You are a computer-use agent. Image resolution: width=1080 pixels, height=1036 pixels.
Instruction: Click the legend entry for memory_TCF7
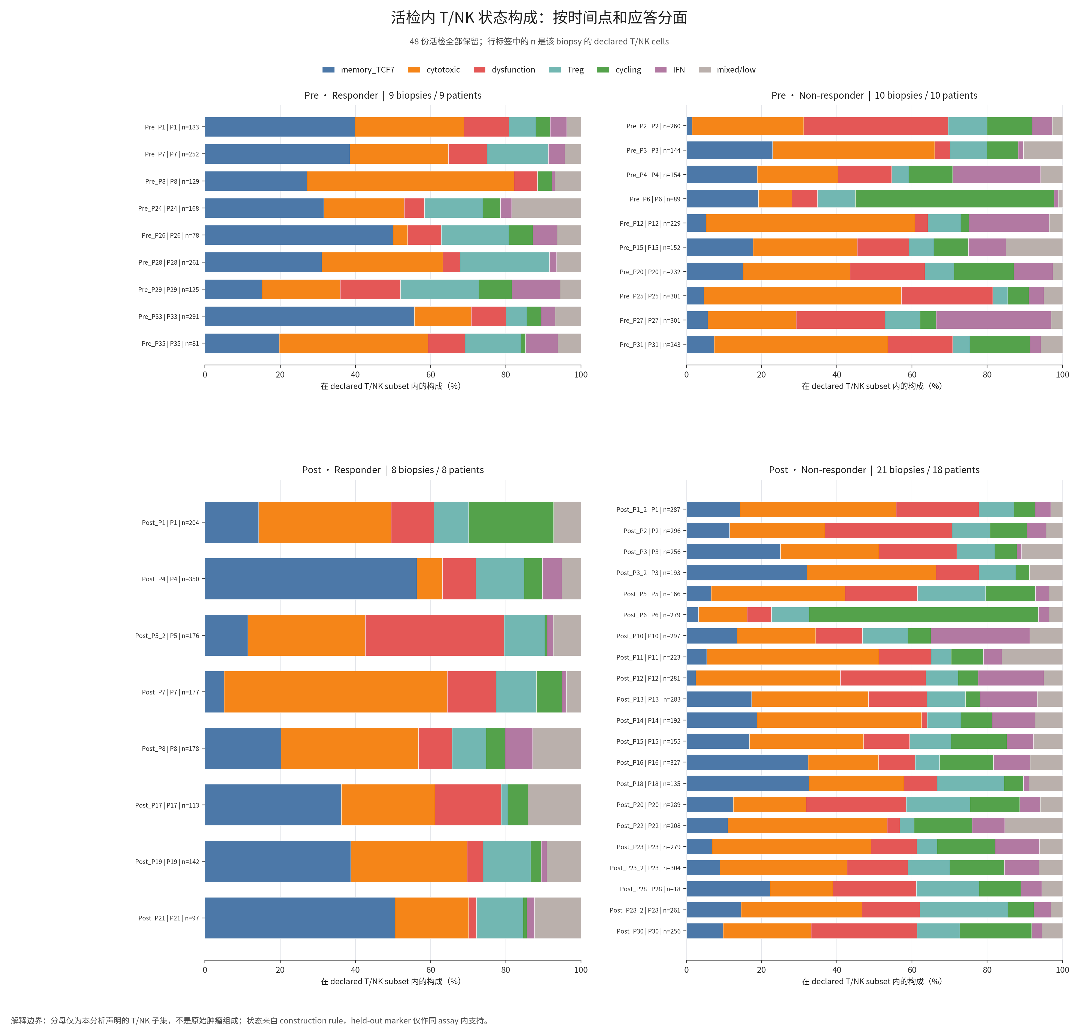coord(358,70)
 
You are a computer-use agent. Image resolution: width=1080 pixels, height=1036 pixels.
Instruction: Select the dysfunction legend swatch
coord(479,70)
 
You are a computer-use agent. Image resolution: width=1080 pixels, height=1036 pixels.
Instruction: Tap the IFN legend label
coord(679,70)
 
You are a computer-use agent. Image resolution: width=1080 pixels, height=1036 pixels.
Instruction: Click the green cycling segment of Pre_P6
coord(954,198)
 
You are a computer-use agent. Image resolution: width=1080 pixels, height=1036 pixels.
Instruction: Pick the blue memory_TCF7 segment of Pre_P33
coord(309,316)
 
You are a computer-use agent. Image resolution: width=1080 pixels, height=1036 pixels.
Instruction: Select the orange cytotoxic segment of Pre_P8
coord(410,181)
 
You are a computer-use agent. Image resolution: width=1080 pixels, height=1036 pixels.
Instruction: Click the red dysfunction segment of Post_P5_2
coord(435,635)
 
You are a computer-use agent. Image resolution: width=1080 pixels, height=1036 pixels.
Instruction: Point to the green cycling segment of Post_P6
coord(923,615)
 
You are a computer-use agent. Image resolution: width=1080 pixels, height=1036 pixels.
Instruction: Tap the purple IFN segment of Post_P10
coord(980,636)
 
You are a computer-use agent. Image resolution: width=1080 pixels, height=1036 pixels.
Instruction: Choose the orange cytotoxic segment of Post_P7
coord(336,692)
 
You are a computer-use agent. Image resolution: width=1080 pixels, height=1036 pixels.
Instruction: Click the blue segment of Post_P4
coord(311,579)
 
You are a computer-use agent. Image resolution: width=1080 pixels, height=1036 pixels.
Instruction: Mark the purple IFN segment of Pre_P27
coord(993,320)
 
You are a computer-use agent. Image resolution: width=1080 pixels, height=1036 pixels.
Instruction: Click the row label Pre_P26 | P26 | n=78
coord(170,235)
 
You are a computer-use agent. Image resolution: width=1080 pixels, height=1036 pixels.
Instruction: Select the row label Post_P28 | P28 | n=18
coord(650,889)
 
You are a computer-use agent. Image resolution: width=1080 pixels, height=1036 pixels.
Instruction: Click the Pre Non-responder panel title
coord(874,95)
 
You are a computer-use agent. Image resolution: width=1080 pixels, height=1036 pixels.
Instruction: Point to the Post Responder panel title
coord(393,470)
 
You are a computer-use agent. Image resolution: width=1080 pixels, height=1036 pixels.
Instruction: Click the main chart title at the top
coord(539,18)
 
